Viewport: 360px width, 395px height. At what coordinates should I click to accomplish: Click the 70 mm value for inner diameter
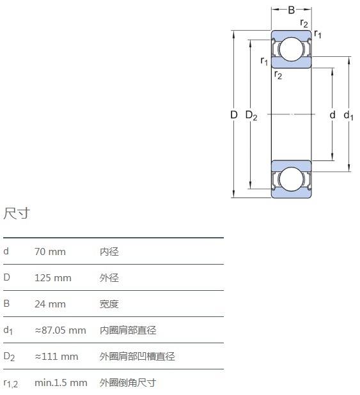pyautogui.click(x=50, y=252)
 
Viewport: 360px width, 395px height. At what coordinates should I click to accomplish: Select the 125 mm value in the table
pyautogui.click(x=53, y=278)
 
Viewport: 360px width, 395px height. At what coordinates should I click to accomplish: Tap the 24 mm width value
pyautogui.click(x=50, y=304)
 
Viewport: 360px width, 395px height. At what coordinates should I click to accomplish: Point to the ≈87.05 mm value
pyautogui.click(x=60, y=330)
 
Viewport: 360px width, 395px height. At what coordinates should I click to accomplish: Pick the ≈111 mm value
pyautogui.click(x=56, y=357)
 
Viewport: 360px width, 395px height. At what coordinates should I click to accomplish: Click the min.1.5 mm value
pyautogui.click(x=61, y=383)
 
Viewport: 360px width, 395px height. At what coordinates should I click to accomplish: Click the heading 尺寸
pyautogui.click(x=17, y=213)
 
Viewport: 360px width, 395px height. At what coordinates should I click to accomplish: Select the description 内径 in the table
pyautogui.click(x=109, y=252)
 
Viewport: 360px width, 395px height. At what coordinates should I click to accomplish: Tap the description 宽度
pyautogui.click(x=109, y=304)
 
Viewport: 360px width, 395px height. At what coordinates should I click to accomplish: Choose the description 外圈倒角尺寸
pyautogui.click(x=127, y=383)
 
